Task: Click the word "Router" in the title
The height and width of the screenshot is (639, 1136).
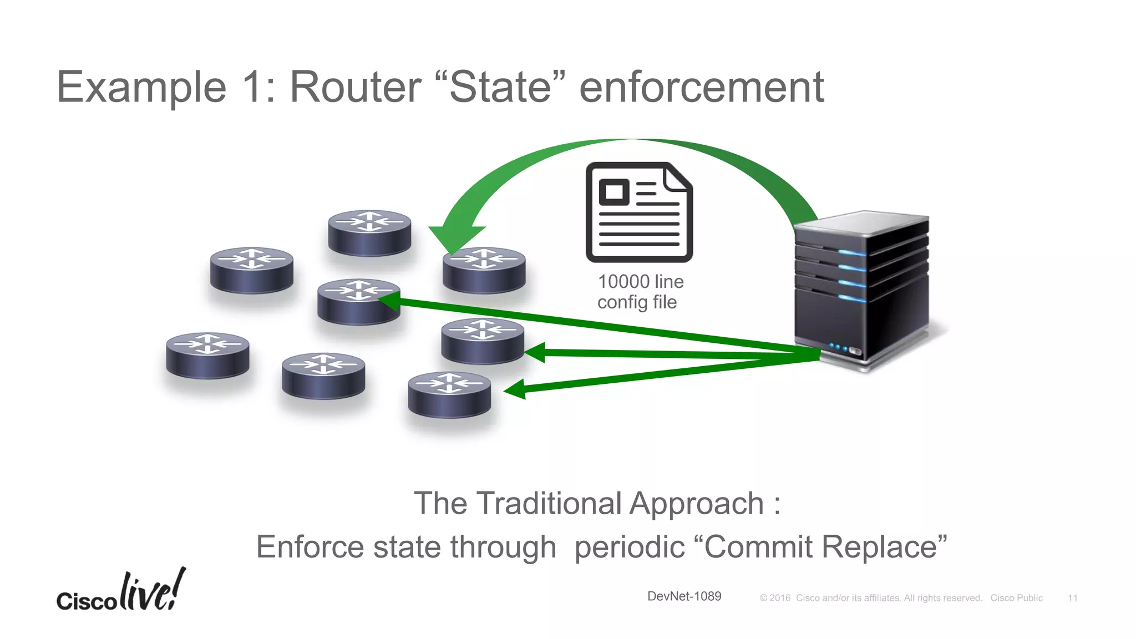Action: pyautogui.click(x=355, y=88)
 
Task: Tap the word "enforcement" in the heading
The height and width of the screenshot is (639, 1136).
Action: pyautogui.click(x=701, y=88)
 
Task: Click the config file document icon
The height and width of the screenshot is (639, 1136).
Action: pyautogui.click(x=639, y=212)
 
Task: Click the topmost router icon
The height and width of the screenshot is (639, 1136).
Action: pyautogui.click(x=369, y=233)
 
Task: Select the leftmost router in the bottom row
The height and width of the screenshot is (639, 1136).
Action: pyautogui.click(x=207, y=356)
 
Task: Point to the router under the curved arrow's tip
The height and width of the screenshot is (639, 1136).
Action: pyautogui.click(x=484, y=270)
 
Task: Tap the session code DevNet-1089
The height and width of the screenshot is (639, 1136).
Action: pyautogui.click(x=684, y=596)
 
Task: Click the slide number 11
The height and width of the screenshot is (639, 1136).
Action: pyautogui.click(x=1072, y=598)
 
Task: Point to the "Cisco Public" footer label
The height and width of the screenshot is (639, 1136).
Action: pyautogui.click(x=1016, y=598)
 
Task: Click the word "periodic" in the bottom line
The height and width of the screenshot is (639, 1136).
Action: pyautogui.click(x=629, y=547)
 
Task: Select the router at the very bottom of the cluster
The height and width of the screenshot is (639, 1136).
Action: pyautogui.click(x=449, y=395)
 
